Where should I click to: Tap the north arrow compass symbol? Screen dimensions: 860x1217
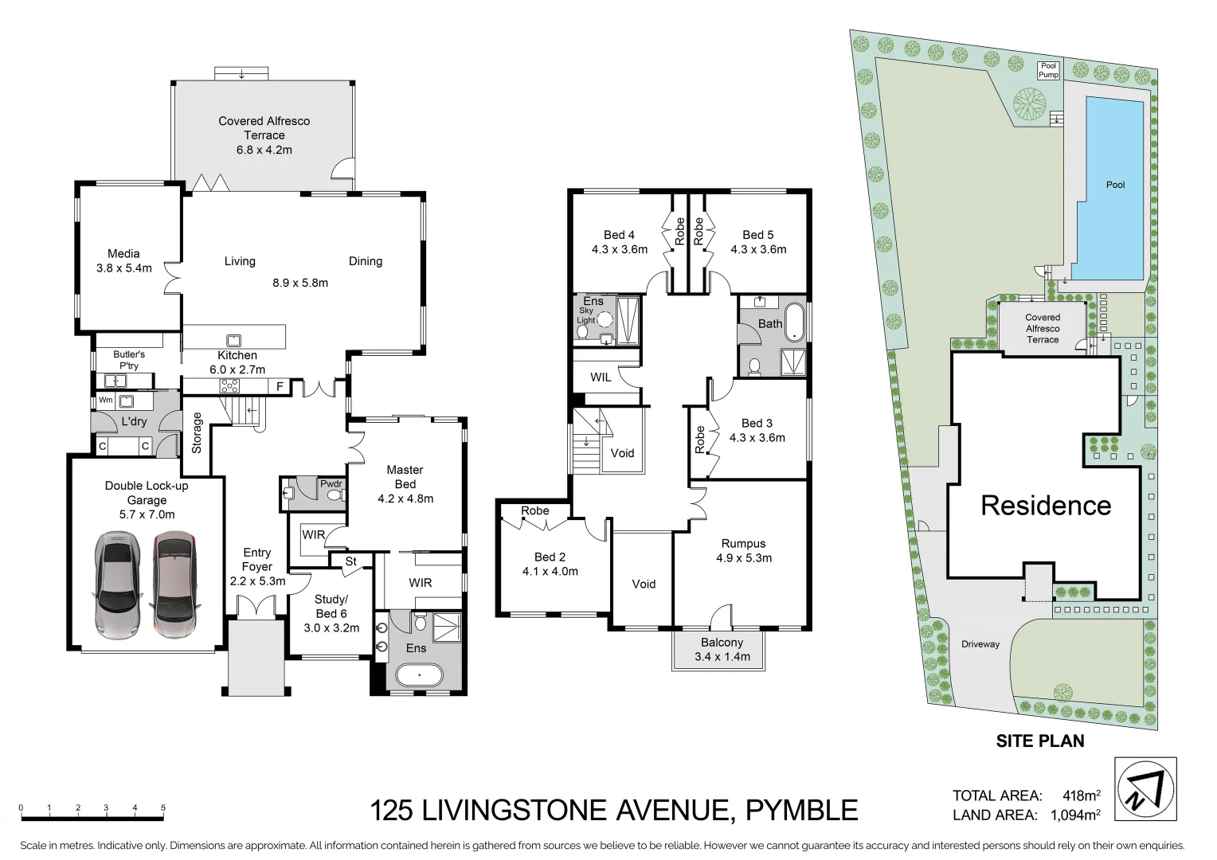coord(1146,790)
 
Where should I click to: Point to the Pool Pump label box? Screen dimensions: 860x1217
coord(1048,71)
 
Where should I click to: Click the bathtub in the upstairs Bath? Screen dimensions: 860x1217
coord(794,323)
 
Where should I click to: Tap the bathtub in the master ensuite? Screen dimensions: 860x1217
coord(418,677)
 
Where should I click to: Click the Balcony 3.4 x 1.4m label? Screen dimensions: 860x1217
coord(722,650)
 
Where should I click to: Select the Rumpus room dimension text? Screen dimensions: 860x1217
coord(743,558)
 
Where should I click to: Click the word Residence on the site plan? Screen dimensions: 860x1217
coord(1045,506)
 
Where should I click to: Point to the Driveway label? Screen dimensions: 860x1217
coord(980,644)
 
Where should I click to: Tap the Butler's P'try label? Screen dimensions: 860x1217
coord(129,360)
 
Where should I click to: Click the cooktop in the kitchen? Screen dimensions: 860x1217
coord(230,386)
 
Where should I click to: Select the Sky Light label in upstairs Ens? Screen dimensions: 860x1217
coord(585,315)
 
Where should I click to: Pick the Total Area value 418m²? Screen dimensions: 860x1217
coord(1081,795)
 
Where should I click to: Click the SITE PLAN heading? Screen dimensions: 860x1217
coord(1039,741)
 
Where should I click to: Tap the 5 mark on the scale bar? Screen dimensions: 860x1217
coord(163,808)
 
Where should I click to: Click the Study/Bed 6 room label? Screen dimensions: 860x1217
coord(331,613)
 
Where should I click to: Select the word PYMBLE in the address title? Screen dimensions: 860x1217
coord(801,811)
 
